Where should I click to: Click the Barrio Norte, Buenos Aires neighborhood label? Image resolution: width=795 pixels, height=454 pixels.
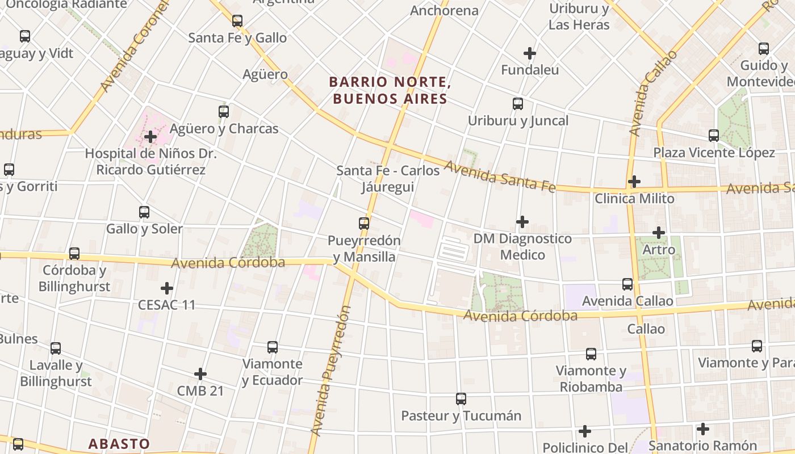[390, 91]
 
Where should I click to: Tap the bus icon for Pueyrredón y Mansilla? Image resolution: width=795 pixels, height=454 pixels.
[364, 224]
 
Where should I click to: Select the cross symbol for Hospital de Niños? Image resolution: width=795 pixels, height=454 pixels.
[150, 137]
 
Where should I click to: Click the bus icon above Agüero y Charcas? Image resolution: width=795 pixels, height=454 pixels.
[224, 112]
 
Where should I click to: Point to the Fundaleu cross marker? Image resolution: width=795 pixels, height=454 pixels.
[530, 53]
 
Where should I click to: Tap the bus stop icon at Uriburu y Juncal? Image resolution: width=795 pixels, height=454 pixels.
[518, 104]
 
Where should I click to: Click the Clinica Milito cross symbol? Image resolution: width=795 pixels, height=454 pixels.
[634, 182]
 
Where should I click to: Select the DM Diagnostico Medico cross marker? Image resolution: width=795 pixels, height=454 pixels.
[522, 222]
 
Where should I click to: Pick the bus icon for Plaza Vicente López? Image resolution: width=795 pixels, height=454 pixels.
[714, 136]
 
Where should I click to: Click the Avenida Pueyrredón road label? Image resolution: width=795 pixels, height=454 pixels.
[330, 371]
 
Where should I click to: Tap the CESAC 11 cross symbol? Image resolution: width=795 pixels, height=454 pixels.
[167, 288]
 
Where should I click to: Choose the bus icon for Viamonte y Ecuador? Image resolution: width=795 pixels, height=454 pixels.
[273, 347]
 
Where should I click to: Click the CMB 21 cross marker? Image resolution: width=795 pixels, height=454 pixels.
[200, 374]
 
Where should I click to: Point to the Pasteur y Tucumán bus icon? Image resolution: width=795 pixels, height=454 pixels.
[461, 399]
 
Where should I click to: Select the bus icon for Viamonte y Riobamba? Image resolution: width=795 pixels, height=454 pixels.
[591, 354]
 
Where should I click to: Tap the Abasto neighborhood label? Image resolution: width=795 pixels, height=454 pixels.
[119, 444]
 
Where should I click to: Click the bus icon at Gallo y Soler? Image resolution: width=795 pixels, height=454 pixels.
[144, 212]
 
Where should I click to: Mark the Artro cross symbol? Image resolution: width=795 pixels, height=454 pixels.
[659, 233]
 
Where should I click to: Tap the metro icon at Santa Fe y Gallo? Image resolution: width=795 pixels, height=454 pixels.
[237, 22]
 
